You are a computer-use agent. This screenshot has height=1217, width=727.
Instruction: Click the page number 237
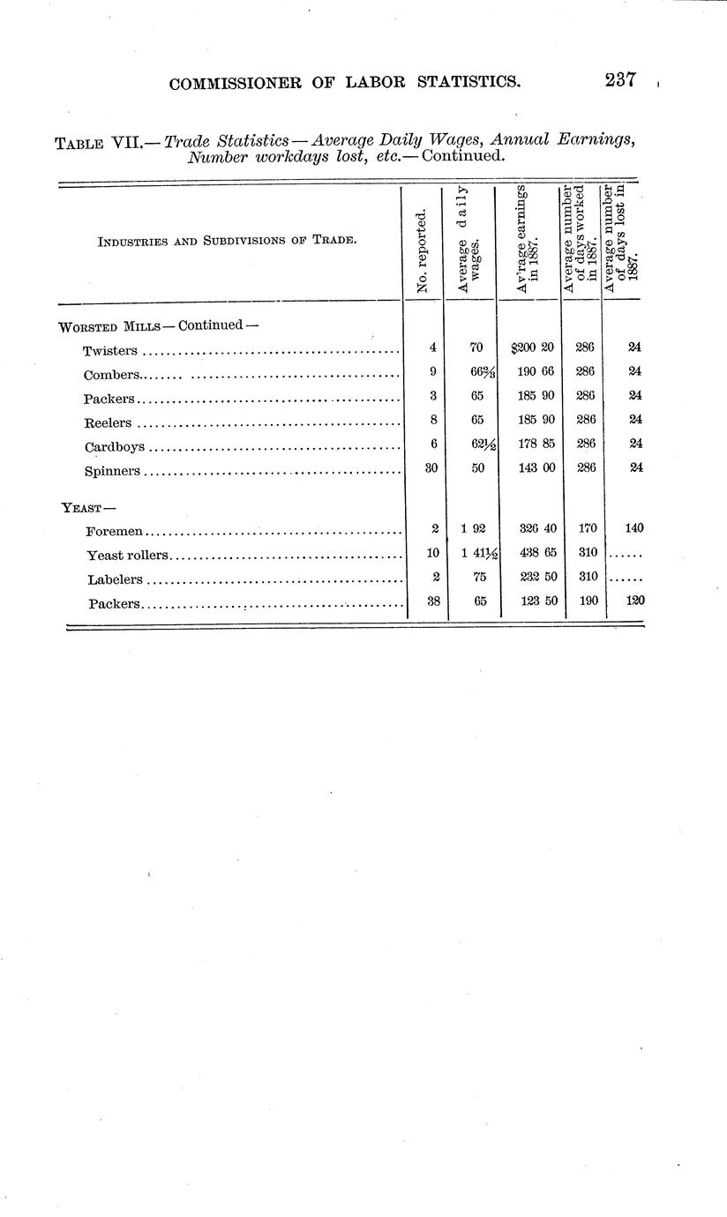621,80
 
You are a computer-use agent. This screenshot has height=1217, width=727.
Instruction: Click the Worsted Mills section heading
110,325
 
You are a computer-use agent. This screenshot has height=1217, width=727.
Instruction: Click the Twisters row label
110,351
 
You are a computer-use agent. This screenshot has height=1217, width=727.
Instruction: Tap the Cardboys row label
115,446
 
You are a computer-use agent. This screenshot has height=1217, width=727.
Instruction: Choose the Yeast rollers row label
127,556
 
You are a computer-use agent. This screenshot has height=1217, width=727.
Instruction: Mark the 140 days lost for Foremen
633,528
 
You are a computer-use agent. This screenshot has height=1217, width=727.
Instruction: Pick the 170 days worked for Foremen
586,528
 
